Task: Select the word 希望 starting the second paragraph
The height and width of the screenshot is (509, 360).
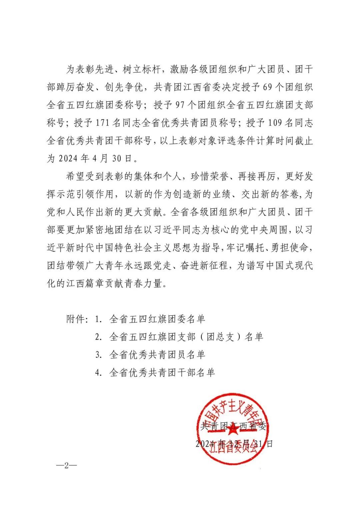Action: pos(76,176)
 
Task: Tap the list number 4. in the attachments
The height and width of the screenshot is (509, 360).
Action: pos(98,372)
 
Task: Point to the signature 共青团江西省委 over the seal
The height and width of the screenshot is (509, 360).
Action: pos(233,426)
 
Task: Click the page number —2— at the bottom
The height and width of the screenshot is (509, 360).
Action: pos(66,465)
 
